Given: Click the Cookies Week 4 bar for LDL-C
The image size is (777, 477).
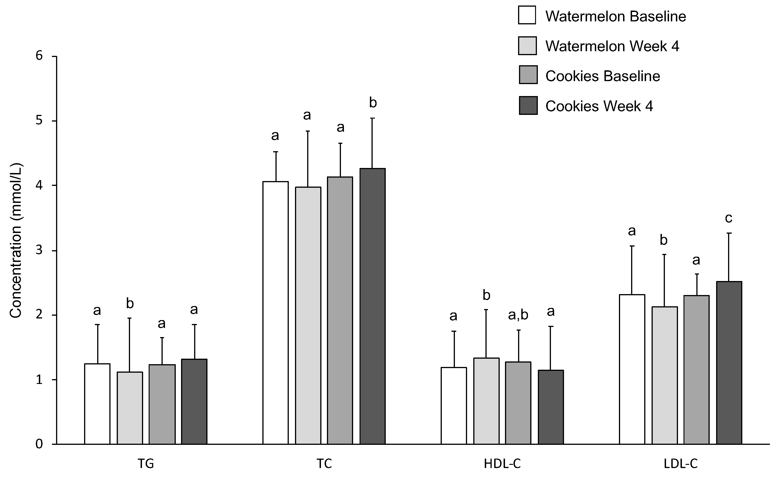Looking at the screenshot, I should tap(729, 363).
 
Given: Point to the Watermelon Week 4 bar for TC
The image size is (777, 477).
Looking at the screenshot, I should tap(308, 315).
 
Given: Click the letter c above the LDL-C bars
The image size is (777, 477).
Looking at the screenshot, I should tap(729, 218).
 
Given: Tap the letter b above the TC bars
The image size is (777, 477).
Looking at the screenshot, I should tap(373, 103).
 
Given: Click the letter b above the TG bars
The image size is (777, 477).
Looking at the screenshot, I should tap(130, 304).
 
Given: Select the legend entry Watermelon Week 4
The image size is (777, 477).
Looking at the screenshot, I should tap(612, 46).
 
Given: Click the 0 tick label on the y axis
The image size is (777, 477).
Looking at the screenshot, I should tap(39, 444).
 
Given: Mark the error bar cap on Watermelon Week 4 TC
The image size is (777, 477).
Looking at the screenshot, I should tap(308, 131).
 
